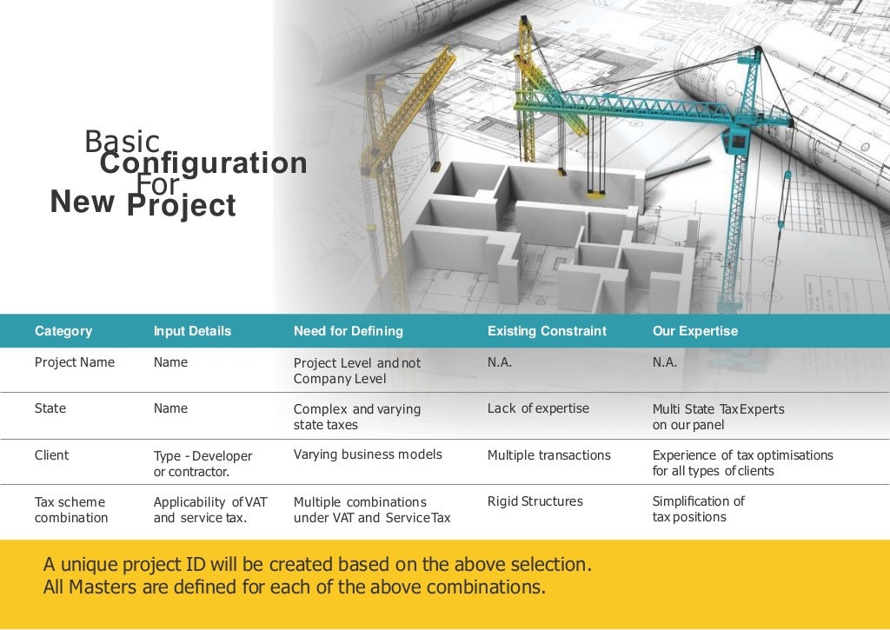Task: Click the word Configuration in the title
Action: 203,163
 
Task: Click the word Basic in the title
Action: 122,142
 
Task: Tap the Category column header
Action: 63,331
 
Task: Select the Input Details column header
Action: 192,331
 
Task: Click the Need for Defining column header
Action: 348,331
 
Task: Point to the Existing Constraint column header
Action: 547,331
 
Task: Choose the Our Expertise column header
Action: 694,331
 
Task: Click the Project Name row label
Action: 74,362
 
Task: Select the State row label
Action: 50,408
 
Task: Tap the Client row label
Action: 51,454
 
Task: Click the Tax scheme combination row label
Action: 70,509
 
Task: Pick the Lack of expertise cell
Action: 538,408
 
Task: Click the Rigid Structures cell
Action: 535,501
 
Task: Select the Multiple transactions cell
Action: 548,454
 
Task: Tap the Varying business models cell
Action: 368,454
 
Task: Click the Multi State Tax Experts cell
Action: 717,416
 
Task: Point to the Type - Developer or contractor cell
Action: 203,464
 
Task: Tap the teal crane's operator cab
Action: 737,136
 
